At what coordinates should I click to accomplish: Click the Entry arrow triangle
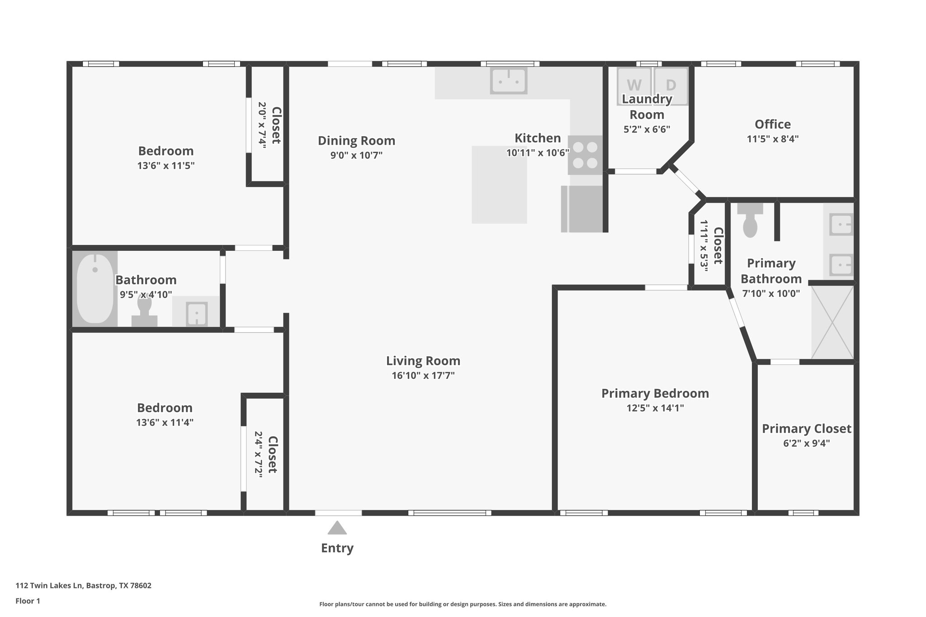337,528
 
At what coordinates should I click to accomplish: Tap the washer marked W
634,85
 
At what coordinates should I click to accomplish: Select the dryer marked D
671,85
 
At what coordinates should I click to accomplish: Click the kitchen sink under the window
509,81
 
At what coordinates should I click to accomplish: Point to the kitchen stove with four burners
585,155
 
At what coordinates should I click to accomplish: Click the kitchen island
499,184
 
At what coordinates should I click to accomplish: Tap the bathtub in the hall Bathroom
95,288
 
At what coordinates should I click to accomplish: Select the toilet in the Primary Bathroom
750,221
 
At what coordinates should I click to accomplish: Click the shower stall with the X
832,322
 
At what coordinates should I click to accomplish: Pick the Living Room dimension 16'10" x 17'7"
423,375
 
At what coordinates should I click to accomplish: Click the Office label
773,124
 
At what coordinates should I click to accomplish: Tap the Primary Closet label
807,429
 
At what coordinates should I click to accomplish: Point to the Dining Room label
356,141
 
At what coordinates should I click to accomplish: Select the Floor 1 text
28,601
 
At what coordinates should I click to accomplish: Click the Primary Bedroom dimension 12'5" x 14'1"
655,408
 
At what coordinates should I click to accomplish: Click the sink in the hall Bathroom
197,313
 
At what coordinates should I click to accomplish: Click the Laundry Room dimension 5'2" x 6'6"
647,129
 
